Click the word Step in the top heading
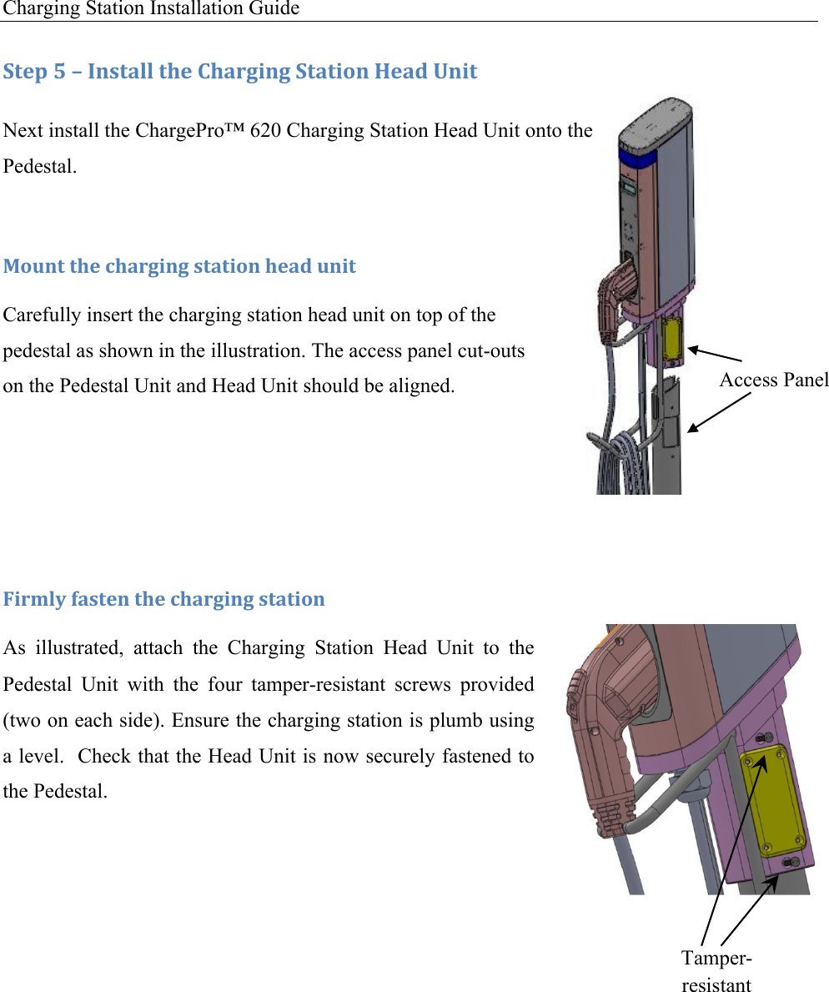pos(25,72)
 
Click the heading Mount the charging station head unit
pos(179,266)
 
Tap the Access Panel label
pos(773,380)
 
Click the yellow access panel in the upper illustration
pos(670,343)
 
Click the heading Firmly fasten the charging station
pos(164,599)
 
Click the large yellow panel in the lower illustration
pos(771,798)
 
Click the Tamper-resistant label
pos(716,970)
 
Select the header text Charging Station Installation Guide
pos(151,9)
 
